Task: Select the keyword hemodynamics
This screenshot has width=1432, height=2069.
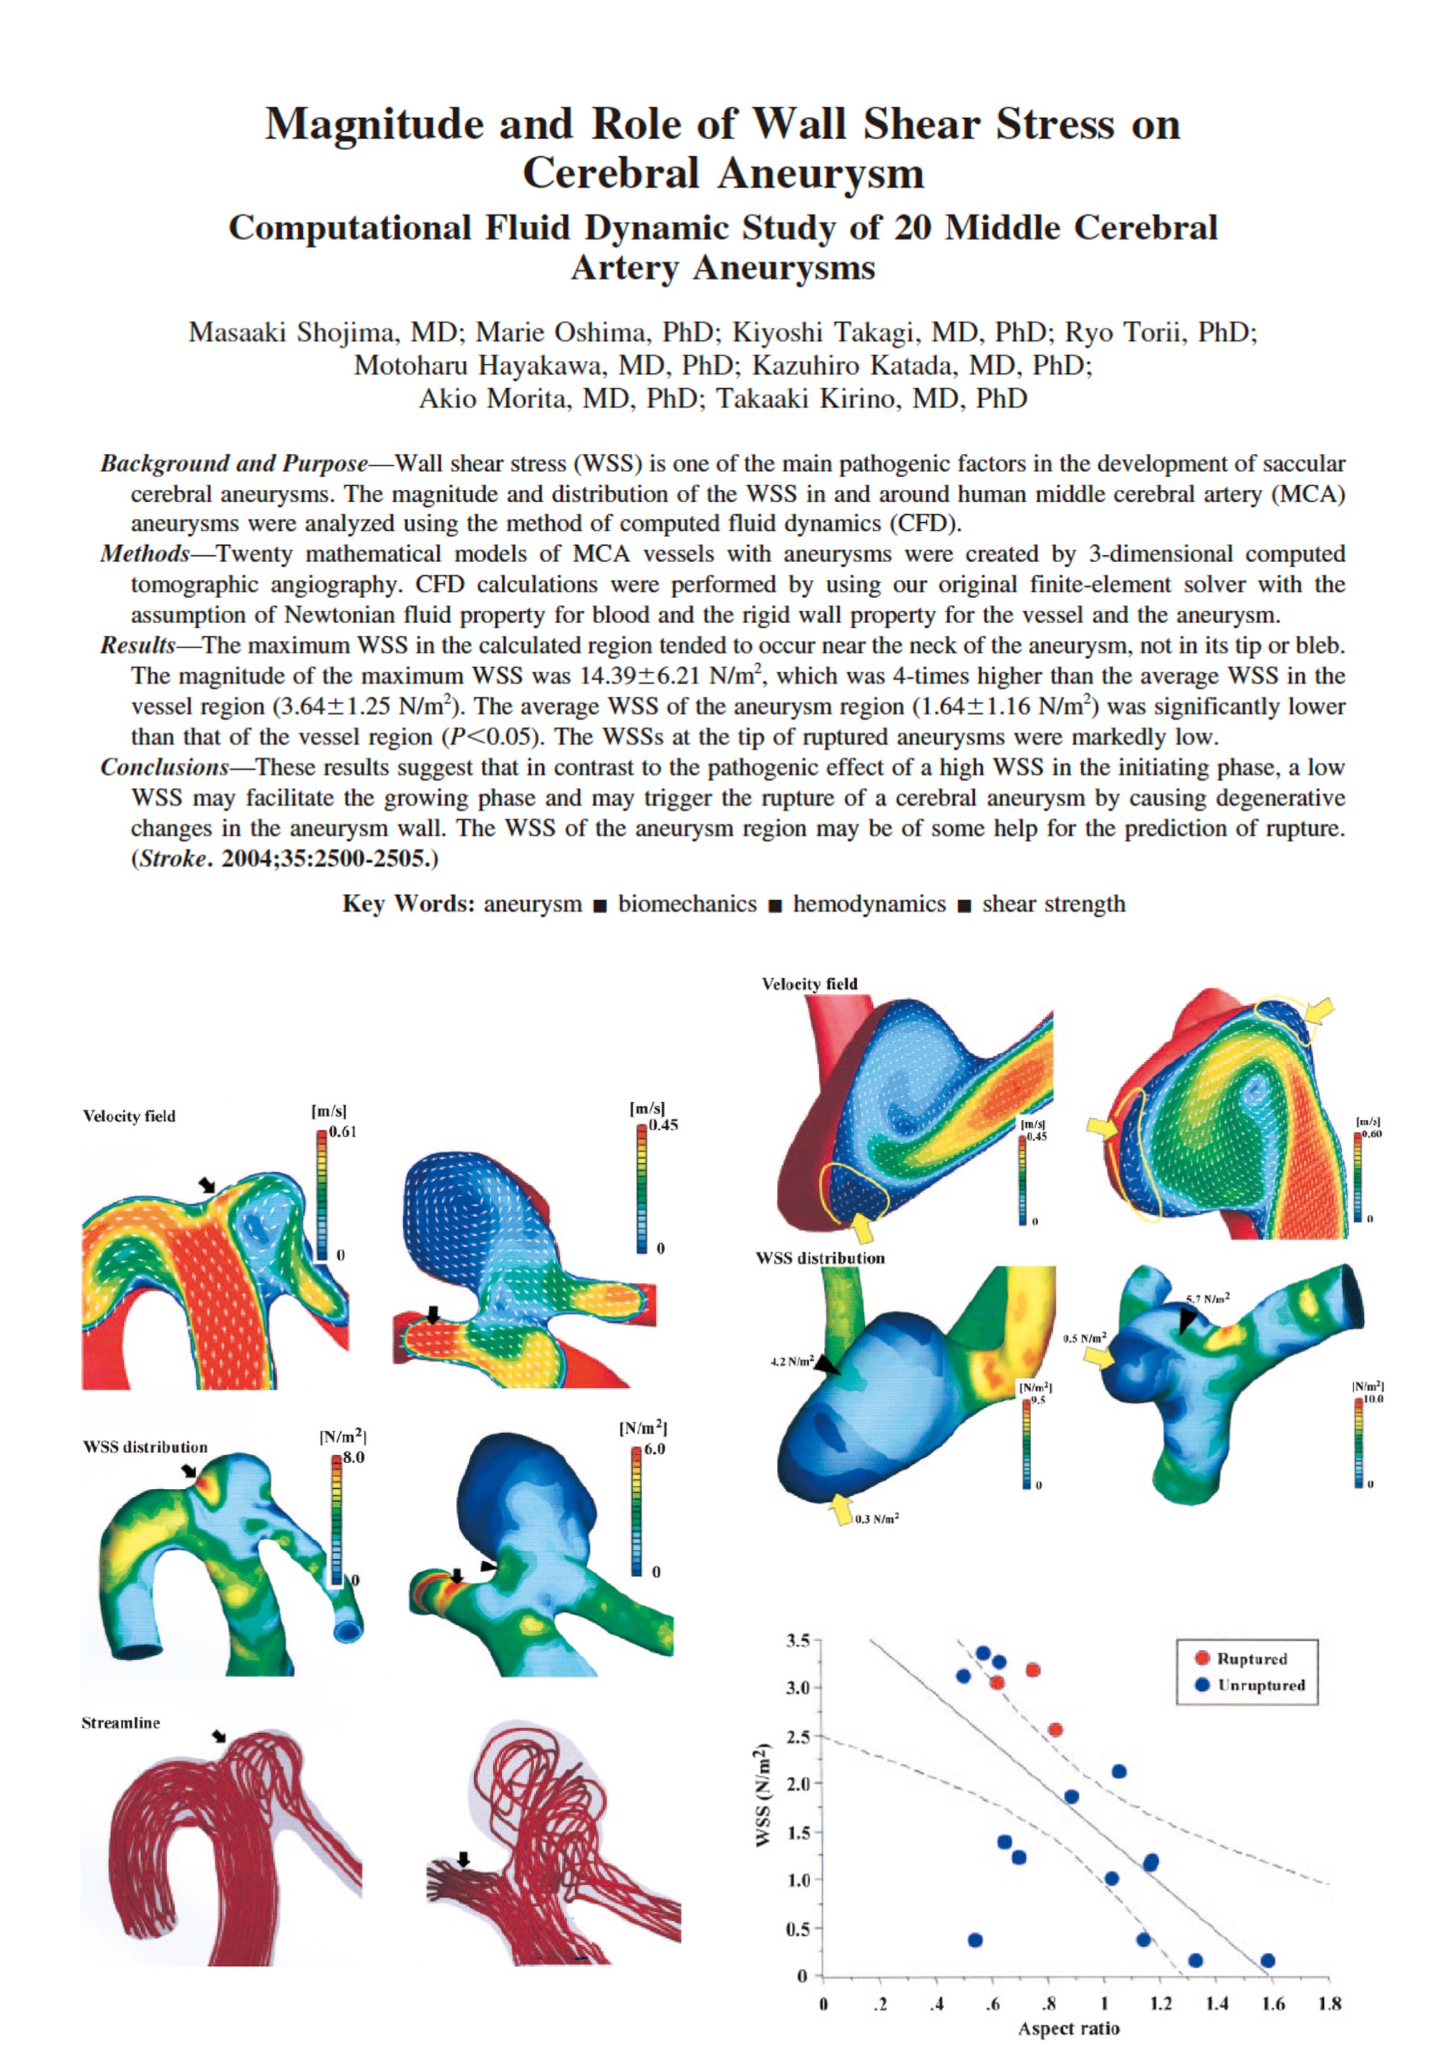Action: coord(869,904)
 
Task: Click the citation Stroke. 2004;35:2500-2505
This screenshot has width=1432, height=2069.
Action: coord(285,859)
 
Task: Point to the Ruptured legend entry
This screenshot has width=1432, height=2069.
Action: coord(1251,1659)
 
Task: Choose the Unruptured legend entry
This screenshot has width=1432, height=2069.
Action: coord(1259,1685)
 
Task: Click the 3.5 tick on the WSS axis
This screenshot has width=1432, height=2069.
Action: coord(798,1641)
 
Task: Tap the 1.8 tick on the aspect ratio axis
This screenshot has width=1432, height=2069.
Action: coord(1330,2004)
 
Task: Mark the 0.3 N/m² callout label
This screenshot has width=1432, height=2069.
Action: coord(876,1519)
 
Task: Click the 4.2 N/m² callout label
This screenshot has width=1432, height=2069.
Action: coord(791,1362)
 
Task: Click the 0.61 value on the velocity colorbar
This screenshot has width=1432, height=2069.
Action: coord(342,1132)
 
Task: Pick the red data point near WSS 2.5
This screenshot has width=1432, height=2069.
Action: coord(1055,1729)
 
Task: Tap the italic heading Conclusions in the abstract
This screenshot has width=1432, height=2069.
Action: coord(164,767)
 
